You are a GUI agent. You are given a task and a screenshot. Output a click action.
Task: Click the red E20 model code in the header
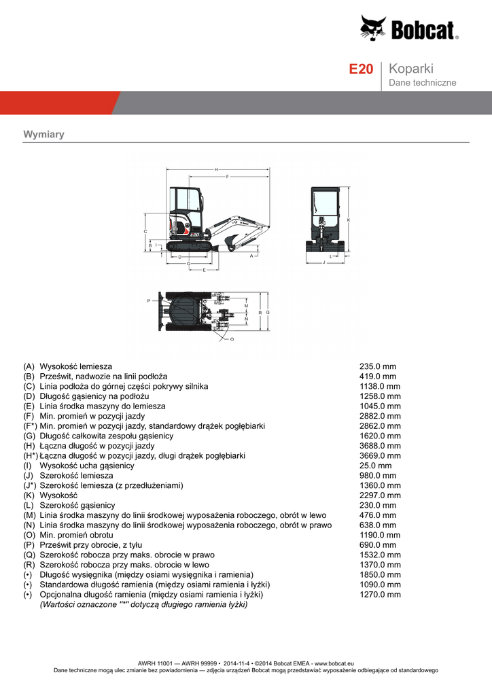(361, 69)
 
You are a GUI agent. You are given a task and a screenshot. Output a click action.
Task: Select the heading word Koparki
(412, 69)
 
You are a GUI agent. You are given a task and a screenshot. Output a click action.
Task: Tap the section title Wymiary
(43, 135)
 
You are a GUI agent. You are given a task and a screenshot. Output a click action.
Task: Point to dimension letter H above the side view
(215, 169)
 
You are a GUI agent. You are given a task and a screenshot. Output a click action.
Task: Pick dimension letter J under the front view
(325, 262)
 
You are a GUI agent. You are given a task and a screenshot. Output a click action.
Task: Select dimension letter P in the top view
(148, 300)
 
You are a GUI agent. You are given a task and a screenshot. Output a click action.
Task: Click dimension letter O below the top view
(232, 339)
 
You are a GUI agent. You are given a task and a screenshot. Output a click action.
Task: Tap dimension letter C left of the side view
(145, 232)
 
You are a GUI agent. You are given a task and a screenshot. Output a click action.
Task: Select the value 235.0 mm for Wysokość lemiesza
(375, 366)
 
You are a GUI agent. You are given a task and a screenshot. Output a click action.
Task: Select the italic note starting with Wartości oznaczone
(143, 604)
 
